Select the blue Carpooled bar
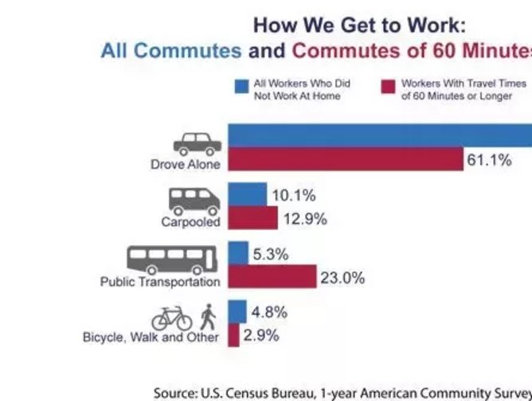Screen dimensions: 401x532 click(x=247, y=194)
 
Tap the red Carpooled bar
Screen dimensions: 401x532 click(x=252, y=218)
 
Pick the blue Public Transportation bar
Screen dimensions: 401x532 click(x=238, y=253)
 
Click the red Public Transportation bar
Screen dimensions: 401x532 click(x=272, y=277)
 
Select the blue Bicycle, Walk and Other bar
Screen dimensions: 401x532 click(x=237, y=311)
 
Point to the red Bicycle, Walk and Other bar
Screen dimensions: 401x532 click(x=233, y=335)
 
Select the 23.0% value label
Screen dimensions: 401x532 click(x=342, y=278)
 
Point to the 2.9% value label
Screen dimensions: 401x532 click(x=261, y=336)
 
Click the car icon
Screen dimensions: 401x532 click(x=197, y=144)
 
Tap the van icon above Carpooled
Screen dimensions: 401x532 click(x=197, y=200)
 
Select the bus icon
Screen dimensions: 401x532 click(x=173, y=259)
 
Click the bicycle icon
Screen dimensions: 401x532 click(x=172, y=319)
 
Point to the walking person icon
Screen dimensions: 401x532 click(x=208, y=317)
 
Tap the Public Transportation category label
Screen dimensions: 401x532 click(x=159, y=282)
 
